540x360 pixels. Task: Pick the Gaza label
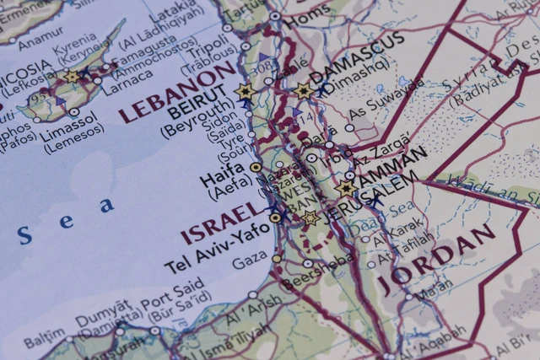pos(249,263)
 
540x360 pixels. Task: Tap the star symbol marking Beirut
pos(246,92)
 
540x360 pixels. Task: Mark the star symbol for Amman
pos(347,189)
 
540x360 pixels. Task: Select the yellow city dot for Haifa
pos(256,168)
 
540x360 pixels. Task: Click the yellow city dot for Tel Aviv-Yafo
pos(275,218)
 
